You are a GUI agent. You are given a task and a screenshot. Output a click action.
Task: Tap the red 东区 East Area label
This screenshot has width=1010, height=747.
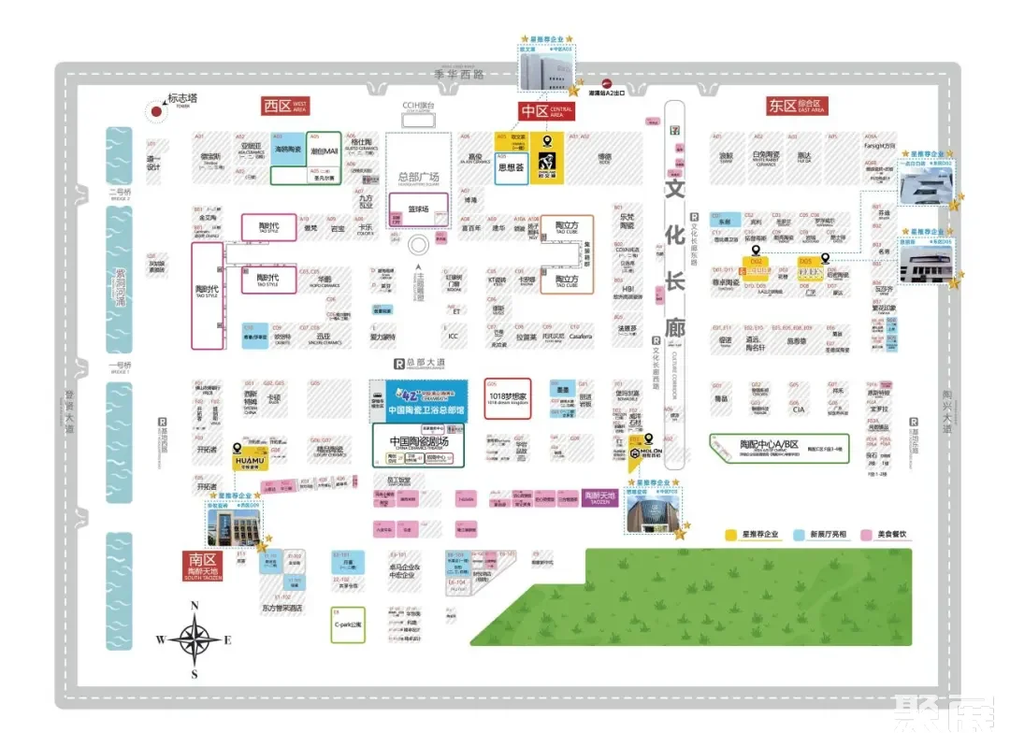click(796, 106)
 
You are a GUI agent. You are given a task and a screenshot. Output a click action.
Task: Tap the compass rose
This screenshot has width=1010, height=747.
click(195, 640)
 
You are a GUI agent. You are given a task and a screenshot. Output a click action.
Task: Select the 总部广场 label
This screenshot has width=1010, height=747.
click(418, 177)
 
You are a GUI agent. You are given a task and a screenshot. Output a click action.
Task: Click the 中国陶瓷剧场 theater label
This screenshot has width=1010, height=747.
click(418, 441)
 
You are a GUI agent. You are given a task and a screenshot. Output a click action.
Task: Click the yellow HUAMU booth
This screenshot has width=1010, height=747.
click(249, 460)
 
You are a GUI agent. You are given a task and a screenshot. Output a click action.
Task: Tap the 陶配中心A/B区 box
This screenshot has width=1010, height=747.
click(779, 446)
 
